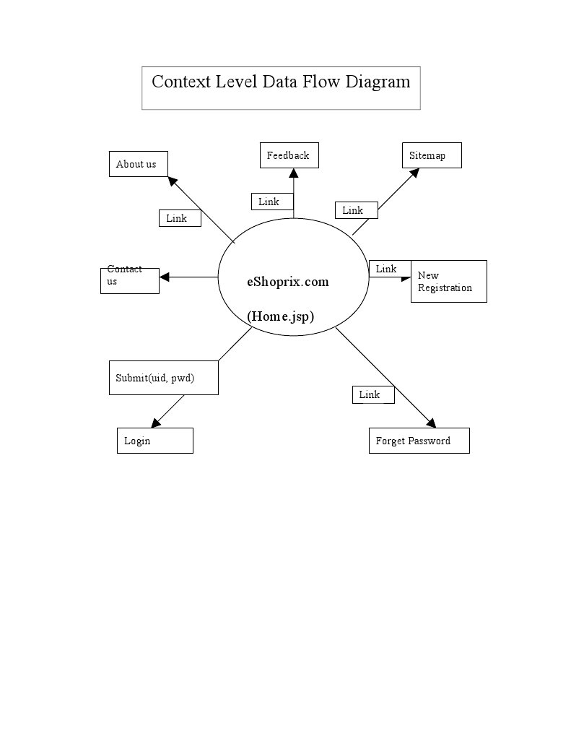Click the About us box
139,164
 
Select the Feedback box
289,155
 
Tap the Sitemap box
432,155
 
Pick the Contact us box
129,281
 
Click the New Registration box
448,281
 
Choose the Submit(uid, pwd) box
163,378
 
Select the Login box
155,441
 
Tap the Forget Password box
419,441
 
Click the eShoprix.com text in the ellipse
288,282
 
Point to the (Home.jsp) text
280,316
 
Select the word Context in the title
181,82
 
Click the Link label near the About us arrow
180,218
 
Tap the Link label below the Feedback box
272,202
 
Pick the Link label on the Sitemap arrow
356,210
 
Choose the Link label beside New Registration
390,269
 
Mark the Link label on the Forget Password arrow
373,394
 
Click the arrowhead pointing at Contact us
164,277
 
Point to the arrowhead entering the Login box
155,423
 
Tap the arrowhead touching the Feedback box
294,173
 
